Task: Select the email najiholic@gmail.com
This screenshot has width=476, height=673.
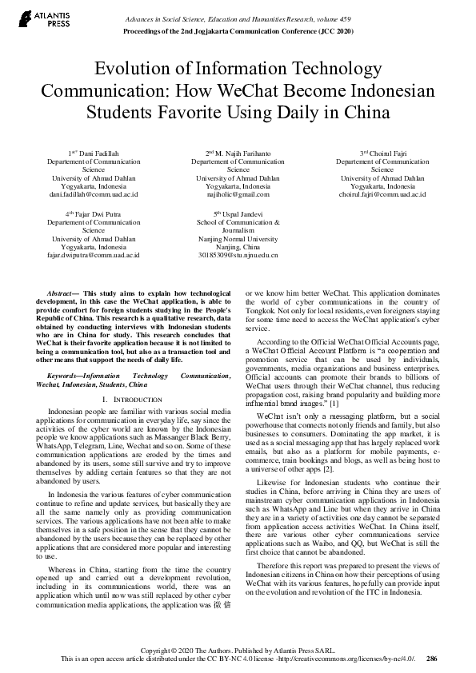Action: pos(238,194)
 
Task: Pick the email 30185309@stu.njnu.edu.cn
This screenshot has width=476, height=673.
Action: pos(238,256)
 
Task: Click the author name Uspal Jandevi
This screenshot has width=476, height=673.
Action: pos(242,214)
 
